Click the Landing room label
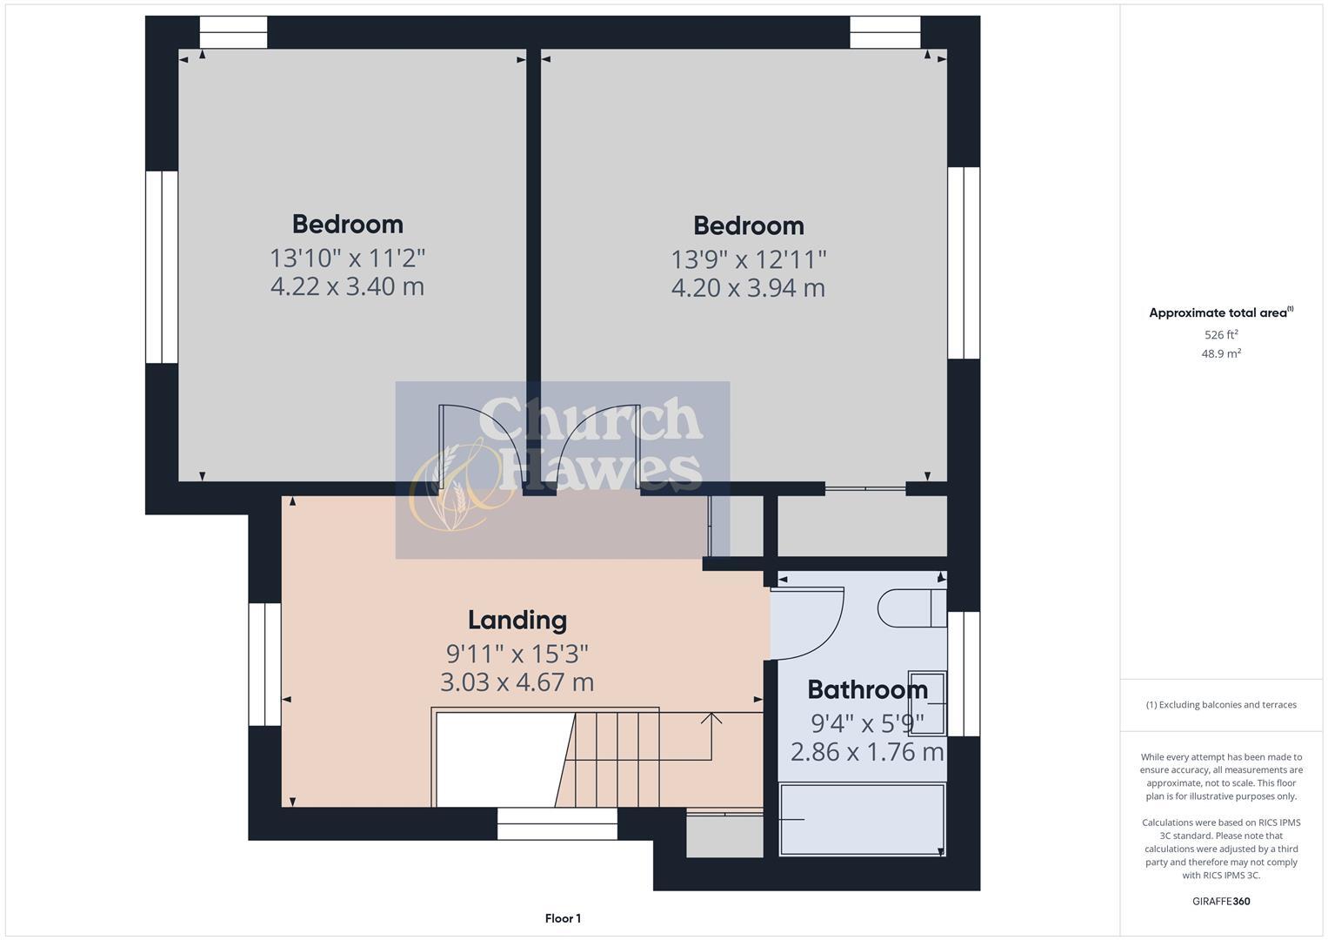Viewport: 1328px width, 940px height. point(517,620)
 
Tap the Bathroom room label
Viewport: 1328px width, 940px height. point(867,689)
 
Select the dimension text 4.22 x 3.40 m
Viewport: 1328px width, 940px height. point(347,286)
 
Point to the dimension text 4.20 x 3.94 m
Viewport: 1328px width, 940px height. point(748,288)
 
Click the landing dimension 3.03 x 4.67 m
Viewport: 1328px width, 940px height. point(517,681)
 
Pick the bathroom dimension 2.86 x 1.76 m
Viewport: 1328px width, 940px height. point(866,751)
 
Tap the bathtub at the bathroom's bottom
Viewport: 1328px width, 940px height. point(862,820)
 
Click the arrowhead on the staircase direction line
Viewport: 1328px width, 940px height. point(711,717)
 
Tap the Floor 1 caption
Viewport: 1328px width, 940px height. point(563,918)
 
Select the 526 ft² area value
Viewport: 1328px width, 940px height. point(1221,334)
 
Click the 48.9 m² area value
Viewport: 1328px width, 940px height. point(1221,353)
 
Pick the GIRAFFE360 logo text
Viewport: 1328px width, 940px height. point(1221,901)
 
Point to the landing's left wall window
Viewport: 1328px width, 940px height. point(265,664)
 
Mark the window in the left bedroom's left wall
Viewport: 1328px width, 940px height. point(162,266)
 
